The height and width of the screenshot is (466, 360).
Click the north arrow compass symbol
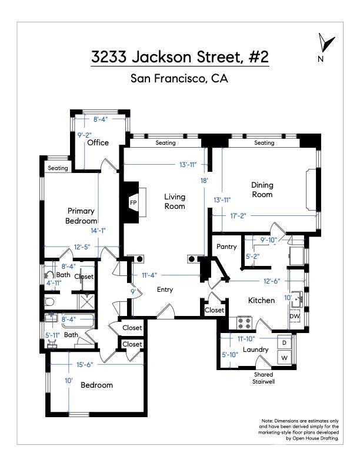322,45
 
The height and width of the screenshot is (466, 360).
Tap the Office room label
98,142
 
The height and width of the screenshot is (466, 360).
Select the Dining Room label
262,189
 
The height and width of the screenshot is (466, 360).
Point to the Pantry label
226,247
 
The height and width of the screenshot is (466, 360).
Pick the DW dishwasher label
294,316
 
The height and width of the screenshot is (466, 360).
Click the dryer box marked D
284,342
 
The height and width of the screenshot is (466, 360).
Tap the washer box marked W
284,358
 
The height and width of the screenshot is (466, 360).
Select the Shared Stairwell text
264,378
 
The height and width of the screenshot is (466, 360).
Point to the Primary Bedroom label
81,215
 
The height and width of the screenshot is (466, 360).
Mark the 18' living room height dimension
204,181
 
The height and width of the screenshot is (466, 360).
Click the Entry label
165,289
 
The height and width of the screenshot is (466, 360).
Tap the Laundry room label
256,349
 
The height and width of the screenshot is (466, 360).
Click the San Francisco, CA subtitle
179,79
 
